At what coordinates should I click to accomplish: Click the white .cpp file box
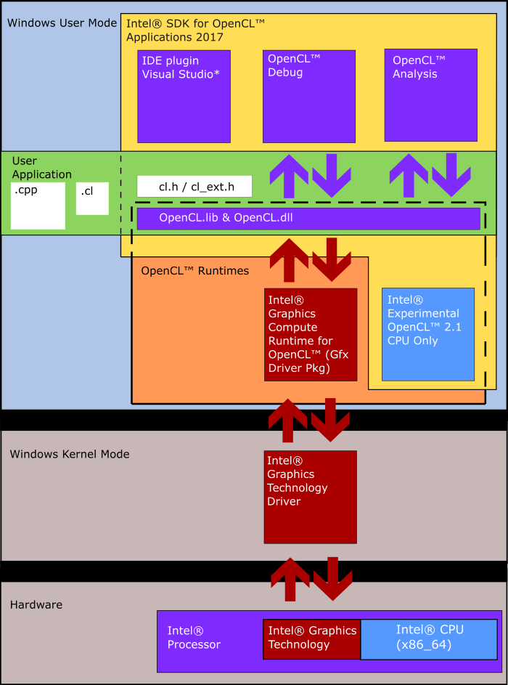click(x=38, y=206)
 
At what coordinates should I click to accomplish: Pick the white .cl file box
click(x=92, y=198)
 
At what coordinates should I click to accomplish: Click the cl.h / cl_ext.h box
click(x=194, y=187)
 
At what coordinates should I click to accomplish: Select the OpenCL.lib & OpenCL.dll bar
click(x=308, y=218)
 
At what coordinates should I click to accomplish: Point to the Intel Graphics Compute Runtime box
click(x=311, y=334)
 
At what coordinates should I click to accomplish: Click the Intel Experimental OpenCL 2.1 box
click(x=428, y=334)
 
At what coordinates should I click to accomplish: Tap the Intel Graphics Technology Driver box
click(x=310, y=497)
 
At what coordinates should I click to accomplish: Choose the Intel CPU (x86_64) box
click(x=429, y=639)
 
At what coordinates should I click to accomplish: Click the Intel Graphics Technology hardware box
click(x=312, y=639)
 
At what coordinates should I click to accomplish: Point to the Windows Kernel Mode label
click(x=70, y=454)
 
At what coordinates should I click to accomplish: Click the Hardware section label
click(x=36, y=604)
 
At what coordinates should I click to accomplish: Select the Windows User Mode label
click(x=62, y=23)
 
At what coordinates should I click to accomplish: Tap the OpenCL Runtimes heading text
click(x=194, y=271)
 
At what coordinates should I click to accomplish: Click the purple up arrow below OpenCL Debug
click(x=289, y=176)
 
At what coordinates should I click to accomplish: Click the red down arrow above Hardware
click(x=332, y=578)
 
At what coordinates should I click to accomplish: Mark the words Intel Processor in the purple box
click(x=194, y=638)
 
